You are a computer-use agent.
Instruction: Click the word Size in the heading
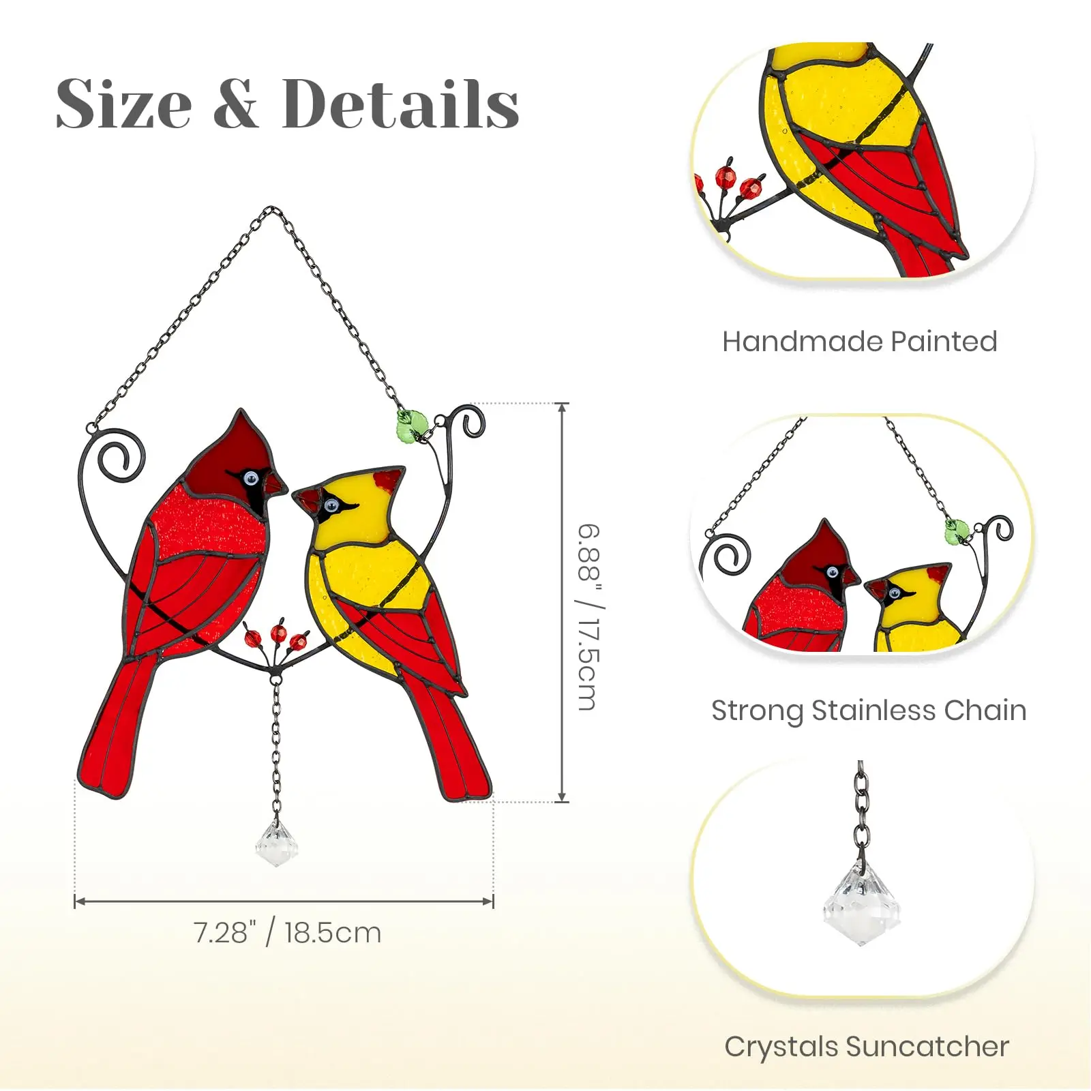point(123,104)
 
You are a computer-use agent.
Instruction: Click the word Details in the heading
point(400,104)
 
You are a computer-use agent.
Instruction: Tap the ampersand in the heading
point(235,105)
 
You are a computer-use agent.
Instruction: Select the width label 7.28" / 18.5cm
point(287,932)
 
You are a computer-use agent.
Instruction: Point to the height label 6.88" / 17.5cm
point(588,617)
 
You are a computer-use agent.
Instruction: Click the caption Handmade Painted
point(859,341)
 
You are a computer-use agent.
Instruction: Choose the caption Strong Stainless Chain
point(869,711)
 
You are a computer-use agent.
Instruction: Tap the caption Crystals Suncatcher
point(867,1047)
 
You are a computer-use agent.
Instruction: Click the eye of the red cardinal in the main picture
point(251,478)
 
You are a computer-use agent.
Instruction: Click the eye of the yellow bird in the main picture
point(331,505)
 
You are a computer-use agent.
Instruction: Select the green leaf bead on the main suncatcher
point(412,425)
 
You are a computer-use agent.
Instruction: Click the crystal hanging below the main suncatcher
point(276,844)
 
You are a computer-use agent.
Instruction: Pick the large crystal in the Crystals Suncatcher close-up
point(861,903)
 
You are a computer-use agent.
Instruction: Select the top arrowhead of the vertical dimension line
point(563,408)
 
